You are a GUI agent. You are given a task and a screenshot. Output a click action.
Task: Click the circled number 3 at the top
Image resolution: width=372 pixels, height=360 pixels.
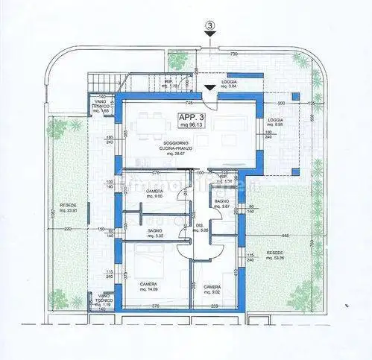click(211, 26)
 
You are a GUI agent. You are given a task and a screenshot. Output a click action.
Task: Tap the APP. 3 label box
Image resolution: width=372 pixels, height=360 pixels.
click(194, 121)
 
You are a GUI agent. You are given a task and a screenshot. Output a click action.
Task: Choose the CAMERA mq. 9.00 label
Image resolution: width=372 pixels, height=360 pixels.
click(154, 194)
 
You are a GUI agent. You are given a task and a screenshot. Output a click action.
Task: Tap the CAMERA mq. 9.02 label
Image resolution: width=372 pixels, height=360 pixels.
click(212, 288)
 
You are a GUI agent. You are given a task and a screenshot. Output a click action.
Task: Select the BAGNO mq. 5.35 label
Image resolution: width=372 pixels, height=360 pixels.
click(155, 234)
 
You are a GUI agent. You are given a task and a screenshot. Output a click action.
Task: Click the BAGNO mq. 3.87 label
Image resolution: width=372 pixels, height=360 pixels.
click(221, 204)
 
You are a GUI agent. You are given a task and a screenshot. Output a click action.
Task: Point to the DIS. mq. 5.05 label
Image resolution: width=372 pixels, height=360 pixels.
click(198, 228)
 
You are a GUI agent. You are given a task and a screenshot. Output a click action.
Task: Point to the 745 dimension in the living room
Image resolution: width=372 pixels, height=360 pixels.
click(189, 102)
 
